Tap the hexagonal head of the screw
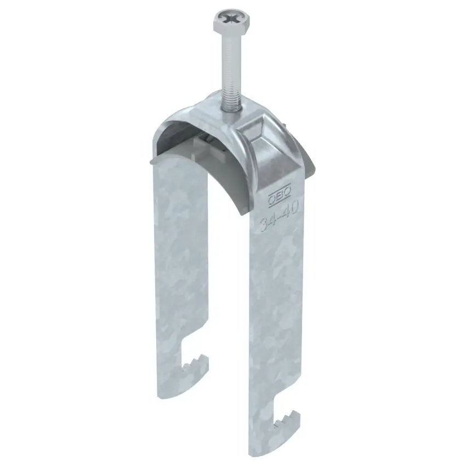coord(231,21)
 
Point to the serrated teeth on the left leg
coord(196,362)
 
